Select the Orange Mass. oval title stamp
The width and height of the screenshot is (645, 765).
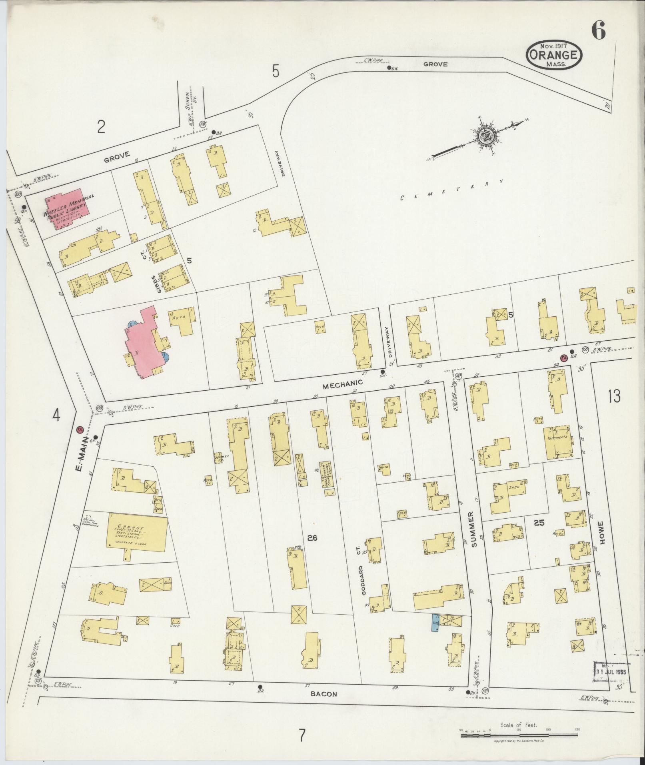pyautogui.click(x=553, y=56)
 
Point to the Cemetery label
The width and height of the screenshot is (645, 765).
pyautogui.click(x=451, y=190)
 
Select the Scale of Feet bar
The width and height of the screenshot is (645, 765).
pyautogui.click(x=519, y=734)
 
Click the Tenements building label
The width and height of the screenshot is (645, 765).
pyautogui.click(x=558, y=437)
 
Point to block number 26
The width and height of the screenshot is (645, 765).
pyautogui.click(x=312, y=538)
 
